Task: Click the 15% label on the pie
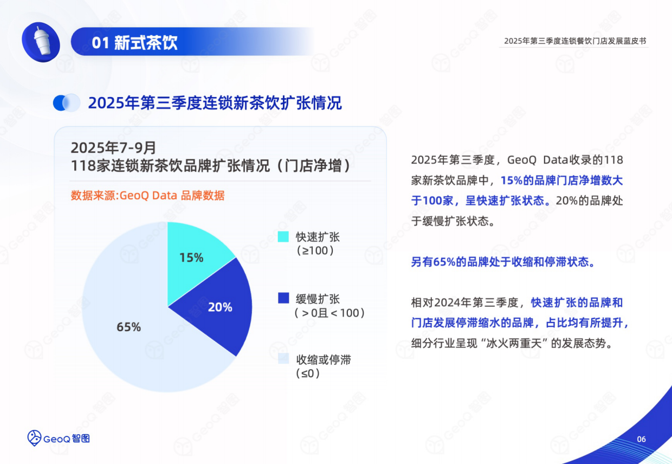(x=191, y=257)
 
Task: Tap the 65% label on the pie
(x=128, y=327)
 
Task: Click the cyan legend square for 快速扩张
(x=283, y=237)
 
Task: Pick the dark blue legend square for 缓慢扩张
(x=283, y=298)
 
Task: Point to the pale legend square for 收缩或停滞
(x=283, y=359)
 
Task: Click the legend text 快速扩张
(x=318, y=237)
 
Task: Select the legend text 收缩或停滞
(x=323, y=359)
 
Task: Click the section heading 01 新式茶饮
(x=134, y=42)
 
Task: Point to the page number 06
(x=641, y=439)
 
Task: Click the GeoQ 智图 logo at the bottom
(x=59, y=437)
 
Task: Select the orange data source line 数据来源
(x=147, y=196)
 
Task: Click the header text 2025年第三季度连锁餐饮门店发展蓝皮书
(x=575, y=41)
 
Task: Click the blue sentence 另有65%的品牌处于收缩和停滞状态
(x=502, y=262)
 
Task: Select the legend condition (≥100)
(x=315, y=251)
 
